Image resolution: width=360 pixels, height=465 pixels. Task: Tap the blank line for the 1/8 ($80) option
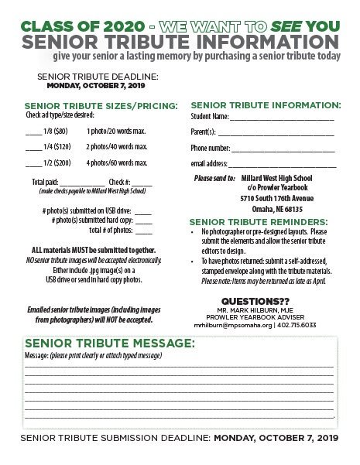pos(33,131)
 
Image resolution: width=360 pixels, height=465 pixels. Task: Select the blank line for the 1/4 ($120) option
pos(33,146)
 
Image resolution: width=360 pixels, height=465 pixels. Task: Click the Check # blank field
pos(142,182)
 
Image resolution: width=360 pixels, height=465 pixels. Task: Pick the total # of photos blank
pos(143,231)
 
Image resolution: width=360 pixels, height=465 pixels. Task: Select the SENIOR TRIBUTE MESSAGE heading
pos(110,344)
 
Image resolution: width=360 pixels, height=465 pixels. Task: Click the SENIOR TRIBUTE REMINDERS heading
pos(262,221)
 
